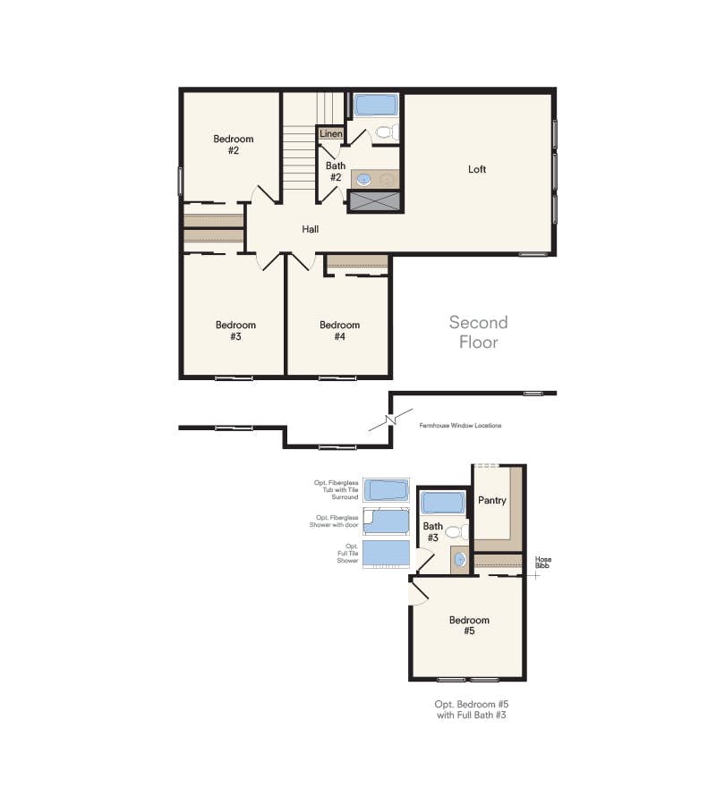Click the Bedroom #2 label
[233, 145]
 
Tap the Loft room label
[477, 169]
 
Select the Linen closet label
[331, 134]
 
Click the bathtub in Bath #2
[375, 106]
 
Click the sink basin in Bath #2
[364, 180]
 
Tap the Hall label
[310, 229]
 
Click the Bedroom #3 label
[235, 331]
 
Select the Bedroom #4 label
[339, 331]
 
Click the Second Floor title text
[478, 332]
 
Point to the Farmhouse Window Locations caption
[460, 426]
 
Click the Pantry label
[491, 500]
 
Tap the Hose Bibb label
[543, 563]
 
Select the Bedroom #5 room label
[469, 625]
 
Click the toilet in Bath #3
[453, 531]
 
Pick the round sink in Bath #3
[459, 560]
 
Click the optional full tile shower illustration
[386, 554]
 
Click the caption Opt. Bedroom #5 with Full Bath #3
[471, 710]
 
